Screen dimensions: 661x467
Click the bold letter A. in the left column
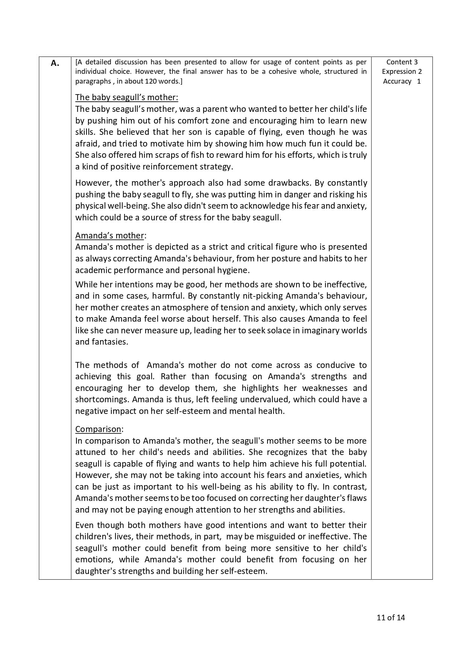tap(55, 63)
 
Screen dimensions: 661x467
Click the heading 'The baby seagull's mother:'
tap(126, 97)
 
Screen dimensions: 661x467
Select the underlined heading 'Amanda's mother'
tap(110, 235)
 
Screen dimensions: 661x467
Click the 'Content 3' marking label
tap(402, 62)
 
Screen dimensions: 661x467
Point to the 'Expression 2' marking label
tap(402, 72)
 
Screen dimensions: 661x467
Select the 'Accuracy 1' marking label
tap(402, 81)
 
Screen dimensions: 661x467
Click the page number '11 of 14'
tap(391, 617)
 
